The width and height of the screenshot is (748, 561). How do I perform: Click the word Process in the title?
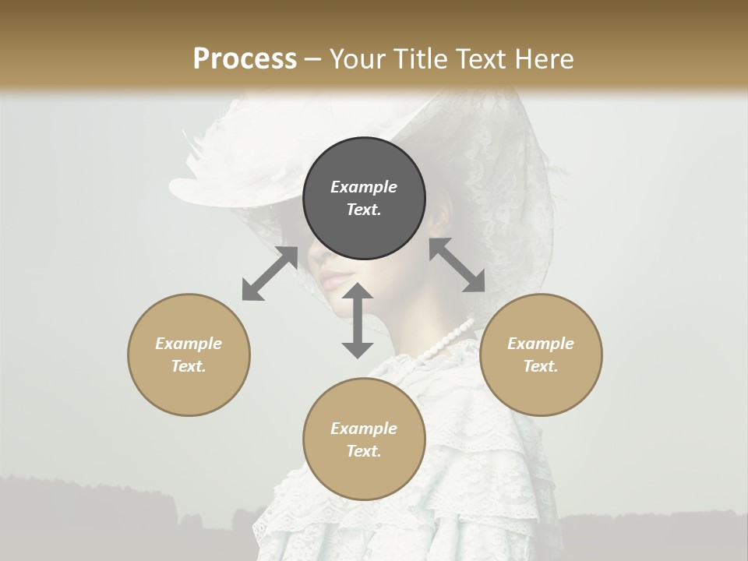click(245, 59)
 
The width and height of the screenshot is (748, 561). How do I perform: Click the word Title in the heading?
click(421, 59)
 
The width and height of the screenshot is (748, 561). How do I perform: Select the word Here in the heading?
click(542, 59)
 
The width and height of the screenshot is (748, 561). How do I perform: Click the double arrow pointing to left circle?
click(270, 273)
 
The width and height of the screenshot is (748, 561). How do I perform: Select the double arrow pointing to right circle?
click(457, 265)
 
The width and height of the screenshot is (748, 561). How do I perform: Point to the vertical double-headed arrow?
click(358, 320)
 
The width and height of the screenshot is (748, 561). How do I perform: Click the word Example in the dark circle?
click(364, 187)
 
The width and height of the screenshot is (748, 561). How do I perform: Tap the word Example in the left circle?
click(189, 344)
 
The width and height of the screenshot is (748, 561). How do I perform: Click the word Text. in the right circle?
click(541, 366)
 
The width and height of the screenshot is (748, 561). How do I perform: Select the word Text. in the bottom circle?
click(364, 451)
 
